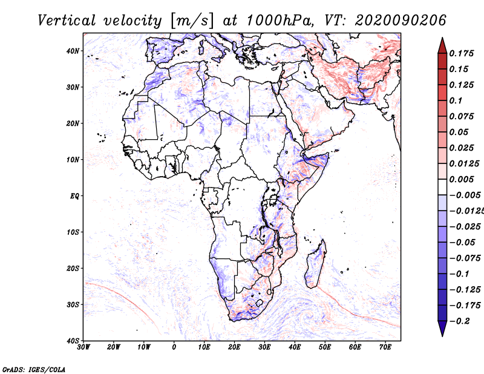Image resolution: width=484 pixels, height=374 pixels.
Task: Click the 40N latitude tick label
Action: pyautogui.click(x=73, y=51)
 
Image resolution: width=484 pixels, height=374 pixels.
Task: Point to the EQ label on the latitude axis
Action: pyautogui.click(x=74, y=196)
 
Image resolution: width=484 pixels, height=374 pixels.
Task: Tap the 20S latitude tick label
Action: pyautogui.click(x=73, y=268)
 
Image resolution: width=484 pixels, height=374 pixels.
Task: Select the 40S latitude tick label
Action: pyautogui.click(x=73, y=341)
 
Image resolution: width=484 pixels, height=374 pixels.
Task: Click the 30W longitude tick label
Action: pyautogui.click(x=83, y=347)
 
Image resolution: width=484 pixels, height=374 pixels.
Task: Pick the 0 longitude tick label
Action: pyautogui.click(x=174, y=347)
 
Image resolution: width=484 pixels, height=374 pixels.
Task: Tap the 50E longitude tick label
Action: pyautogui.click(x=325, y=347)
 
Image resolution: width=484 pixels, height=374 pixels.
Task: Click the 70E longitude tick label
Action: pyautogui.click(x=385, y=347)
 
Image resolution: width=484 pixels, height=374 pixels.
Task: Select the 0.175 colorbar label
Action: pyautogui.click(x=462, y=53)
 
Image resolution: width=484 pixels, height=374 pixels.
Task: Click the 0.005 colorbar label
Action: pyautogui.click(x=462, y=179)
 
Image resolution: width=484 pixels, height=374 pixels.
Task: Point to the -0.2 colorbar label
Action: pyautogui.click(x=460, y=321)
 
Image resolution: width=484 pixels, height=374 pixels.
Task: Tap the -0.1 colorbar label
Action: pyautogui.click(x=460, y=274)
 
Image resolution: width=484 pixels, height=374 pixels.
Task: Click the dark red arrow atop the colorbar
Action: pyautogui.click(x=442, y=46)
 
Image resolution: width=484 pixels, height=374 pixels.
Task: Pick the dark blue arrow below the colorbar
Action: pyautogui.click(x=442, y=329)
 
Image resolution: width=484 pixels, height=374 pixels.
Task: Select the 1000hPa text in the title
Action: pyautogui.click(x=278, y=21)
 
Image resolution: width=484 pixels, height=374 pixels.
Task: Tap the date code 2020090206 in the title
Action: pyautogui.click(x=401, y=21)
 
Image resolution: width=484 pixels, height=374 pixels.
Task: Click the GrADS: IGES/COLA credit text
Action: pyautogui.click(x=34, y=369)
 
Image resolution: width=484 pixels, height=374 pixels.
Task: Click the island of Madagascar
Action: pyautogui.click(x=315, y=264)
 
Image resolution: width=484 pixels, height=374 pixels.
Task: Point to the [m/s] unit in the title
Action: pyautogui.click(x=192, y=21)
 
